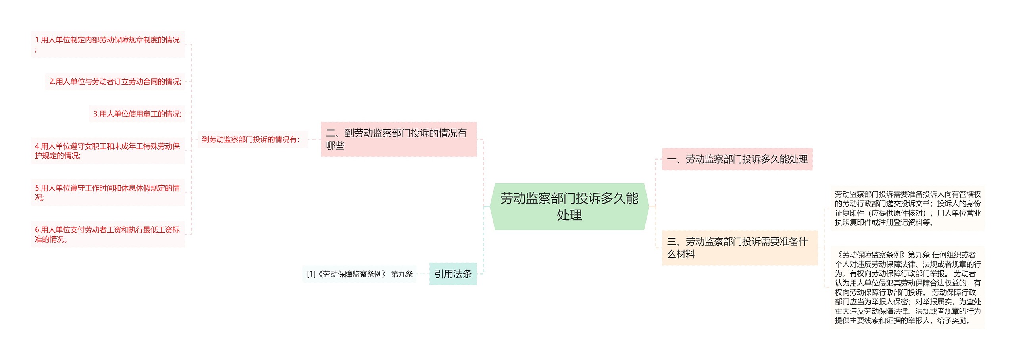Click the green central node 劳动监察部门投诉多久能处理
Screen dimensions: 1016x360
point(569,206)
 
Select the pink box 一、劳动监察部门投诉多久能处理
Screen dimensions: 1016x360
point(737,159)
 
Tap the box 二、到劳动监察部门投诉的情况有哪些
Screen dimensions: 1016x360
point(398,139)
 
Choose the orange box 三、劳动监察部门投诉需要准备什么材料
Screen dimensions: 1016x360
point(739,248)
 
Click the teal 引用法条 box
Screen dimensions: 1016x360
point(453,274)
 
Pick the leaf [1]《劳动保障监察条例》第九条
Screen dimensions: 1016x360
point(360,274)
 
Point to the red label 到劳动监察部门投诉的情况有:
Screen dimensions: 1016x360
point(251,139)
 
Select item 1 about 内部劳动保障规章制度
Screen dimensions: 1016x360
point(108,44)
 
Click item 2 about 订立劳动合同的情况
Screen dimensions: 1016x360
point(115,81)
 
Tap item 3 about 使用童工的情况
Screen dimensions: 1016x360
point(137,114)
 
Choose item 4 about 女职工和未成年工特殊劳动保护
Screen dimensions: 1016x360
point(108,151)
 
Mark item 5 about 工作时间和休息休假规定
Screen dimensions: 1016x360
point(108,193)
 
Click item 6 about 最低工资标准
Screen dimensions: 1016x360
point(108,234)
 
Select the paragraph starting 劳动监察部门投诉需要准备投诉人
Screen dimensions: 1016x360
point(908,208)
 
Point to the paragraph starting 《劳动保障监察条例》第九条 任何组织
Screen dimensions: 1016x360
point(908,287)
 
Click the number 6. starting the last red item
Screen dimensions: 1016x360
point(38,230)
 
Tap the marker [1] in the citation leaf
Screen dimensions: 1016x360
point(311,274)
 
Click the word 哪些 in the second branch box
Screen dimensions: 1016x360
point(335,146)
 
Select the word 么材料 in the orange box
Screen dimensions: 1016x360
point(681,254)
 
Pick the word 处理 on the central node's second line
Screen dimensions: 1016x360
point(569,215)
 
